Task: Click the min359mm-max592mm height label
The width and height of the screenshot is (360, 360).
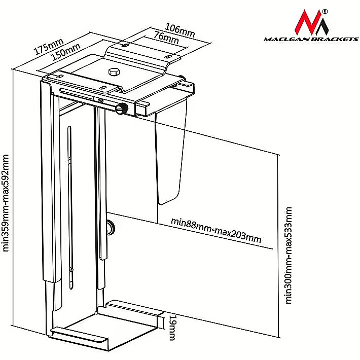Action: pos(7,203)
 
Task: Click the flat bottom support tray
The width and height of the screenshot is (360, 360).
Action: pos(96,325)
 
